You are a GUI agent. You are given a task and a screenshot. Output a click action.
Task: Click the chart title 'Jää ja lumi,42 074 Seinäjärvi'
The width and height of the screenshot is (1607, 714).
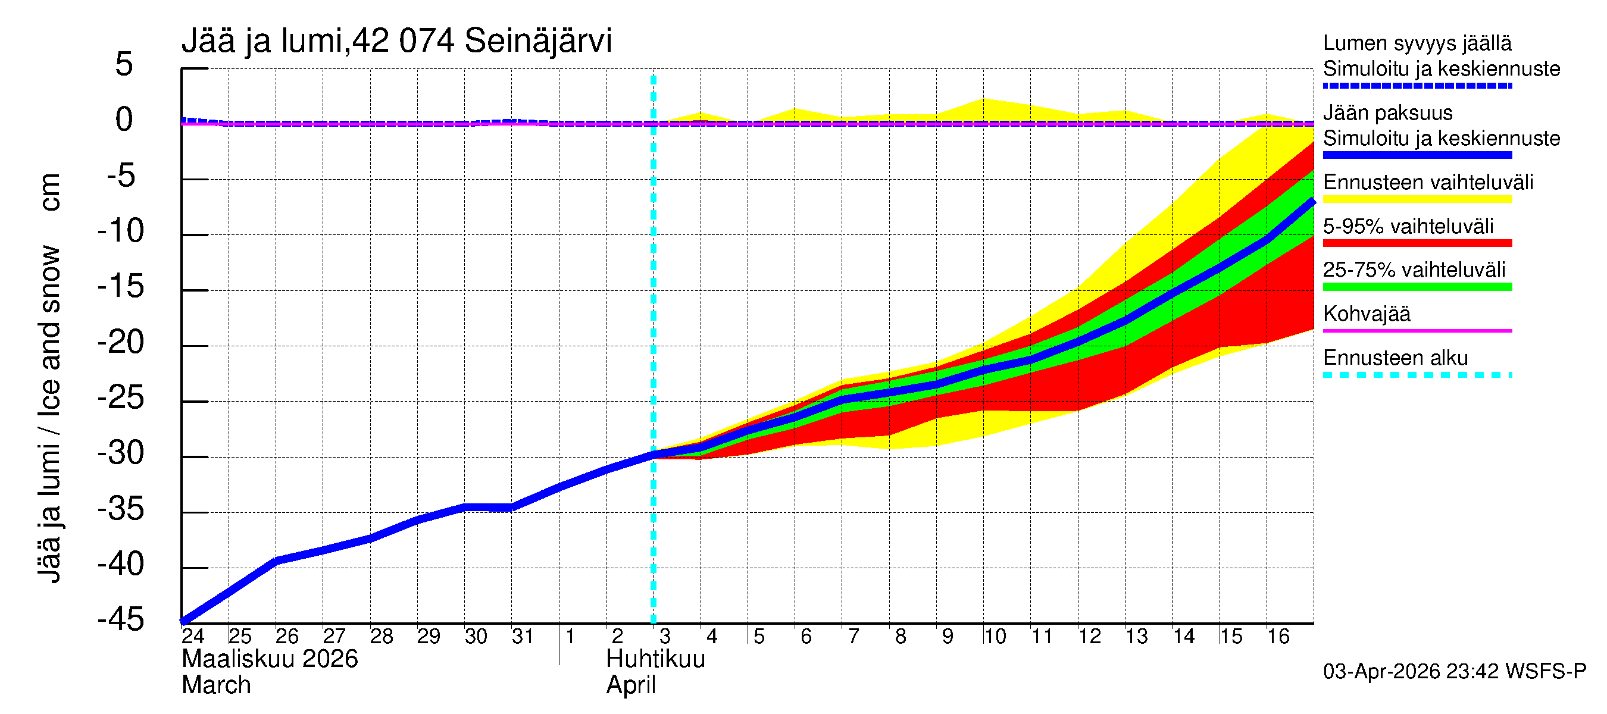397,41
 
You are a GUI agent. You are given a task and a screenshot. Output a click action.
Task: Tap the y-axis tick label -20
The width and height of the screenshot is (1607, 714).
121,342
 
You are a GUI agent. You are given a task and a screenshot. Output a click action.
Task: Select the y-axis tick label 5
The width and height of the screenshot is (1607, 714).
124,65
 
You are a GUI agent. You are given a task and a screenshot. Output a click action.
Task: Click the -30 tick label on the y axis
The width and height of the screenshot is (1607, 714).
121,453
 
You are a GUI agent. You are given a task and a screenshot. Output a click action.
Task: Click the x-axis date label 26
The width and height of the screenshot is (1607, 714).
287,637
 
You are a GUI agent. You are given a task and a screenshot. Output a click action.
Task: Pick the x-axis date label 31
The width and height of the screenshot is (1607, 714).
523,637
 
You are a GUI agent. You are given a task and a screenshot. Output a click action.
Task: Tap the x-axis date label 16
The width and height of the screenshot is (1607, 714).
1278,637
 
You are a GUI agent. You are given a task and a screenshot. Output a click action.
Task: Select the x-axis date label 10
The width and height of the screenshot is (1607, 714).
995,637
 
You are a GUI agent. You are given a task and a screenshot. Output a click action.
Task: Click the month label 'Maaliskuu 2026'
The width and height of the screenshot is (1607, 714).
270,659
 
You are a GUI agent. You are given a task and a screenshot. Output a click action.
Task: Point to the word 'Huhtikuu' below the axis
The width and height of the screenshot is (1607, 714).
656,659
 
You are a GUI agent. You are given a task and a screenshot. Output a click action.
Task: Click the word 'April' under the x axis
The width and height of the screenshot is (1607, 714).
631,685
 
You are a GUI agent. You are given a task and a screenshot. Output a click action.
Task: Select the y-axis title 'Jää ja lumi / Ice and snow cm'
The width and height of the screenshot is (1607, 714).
49,378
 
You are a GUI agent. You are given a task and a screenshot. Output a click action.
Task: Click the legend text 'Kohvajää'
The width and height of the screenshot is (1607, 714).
1367,314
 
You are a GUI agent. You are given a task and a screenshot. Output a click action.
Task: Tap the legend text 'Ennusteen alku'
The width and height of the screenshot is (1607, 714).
1396,358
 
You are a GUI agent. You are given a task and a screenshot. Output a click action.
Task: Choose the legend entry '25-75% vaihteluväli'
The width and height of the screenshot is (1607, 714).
1414,270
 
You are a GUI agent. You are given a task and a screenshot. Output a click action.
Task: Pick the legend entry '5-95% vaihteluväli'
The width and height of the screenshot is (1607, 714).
1408,226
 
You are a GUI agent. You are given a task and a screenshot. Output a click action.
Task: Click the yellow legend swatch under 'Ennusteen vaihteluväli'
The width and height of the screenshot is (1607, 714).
1417,199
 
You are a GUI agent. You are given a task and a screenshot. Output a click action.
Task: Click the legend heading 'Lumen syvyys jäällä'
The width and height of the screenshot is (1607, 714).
1417,43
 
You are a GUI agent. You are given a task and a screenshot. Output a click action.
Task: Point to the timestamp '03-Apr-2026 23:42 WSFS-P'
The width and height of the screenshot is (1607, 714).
1454,672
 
